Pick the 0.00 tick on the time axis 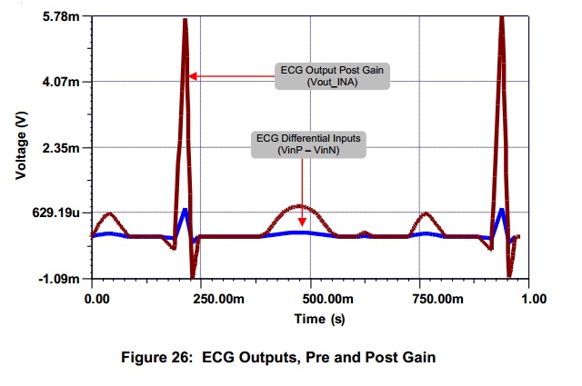(95, 298)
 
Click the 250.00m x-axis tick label (199, 298)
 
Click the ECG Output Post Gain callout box (332, 75)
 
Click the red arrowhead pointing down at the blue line (301, 222)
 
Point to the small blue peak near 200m (185, 211)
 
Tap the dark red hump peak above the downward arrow (300, 206)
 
